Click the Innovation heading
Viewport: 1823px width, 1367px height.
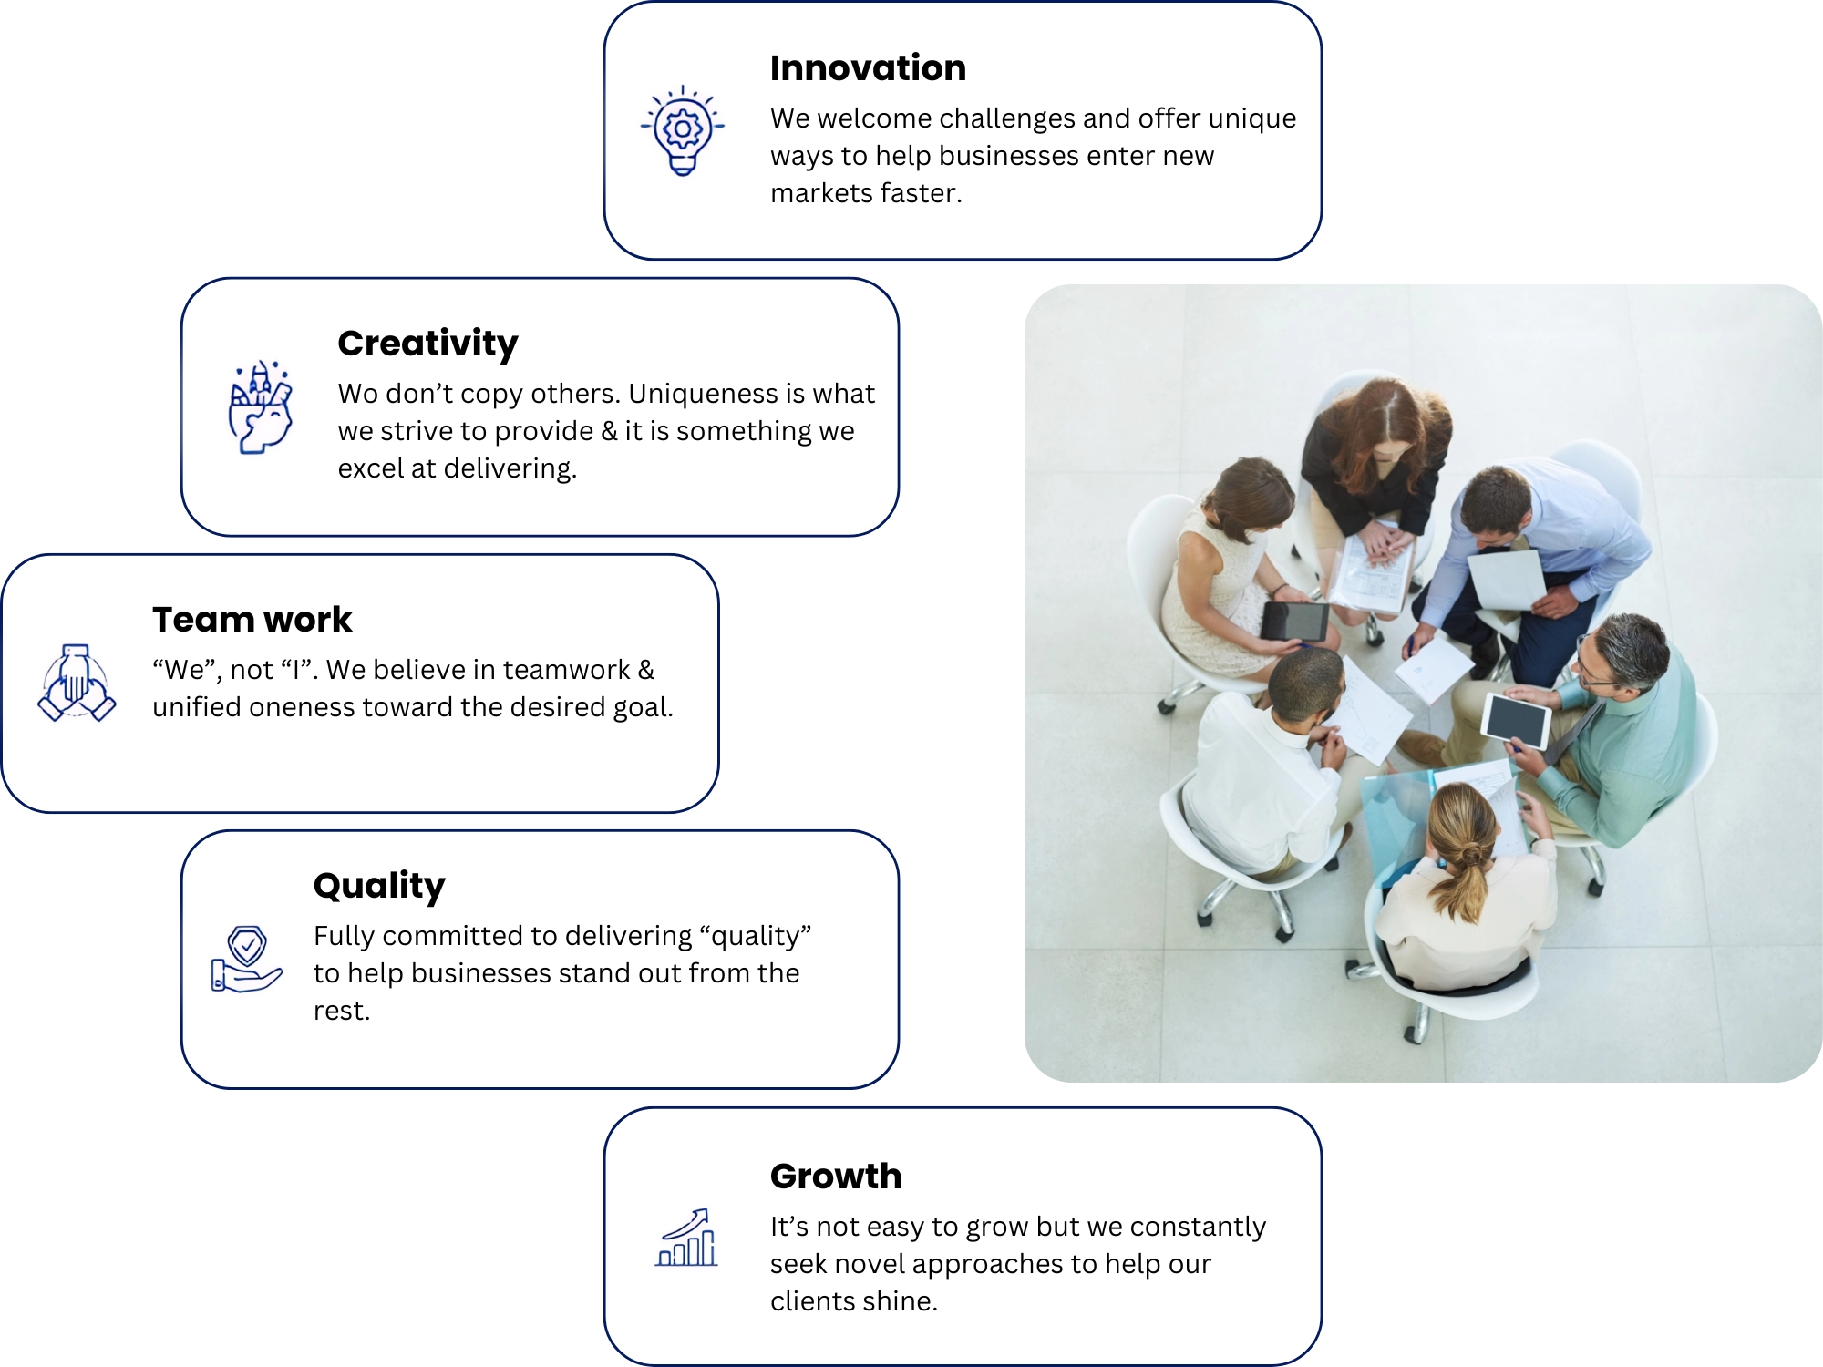(868, 68)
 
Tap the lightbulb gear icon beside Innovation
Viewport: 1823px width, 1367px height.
(683, 130)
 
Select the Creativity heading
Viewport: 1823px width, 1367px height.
(427, 344)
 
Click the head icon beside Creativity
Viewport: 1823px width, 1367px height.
(261, 406)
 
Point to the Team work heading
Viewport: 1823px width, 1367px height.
(252, 620)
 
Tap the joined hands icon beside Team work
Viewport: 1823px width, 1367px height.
(77, 683)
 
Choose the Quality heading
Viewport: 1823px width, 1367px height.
(379, 886)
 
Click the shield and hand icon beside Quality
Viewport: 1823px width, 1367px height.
(246, 959)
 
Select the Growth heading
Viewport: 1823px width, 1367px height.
(836, 1177)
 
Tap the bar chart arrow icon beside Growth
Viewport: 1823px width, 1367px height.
(686, 1238)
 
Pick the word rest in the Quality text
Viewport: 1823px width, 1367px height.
(342, 1011)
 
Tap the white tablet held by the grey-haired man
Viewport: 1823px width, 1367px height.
(1515, 720)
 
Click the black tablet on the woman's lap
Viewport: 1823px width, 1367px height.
(1294, 622)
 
